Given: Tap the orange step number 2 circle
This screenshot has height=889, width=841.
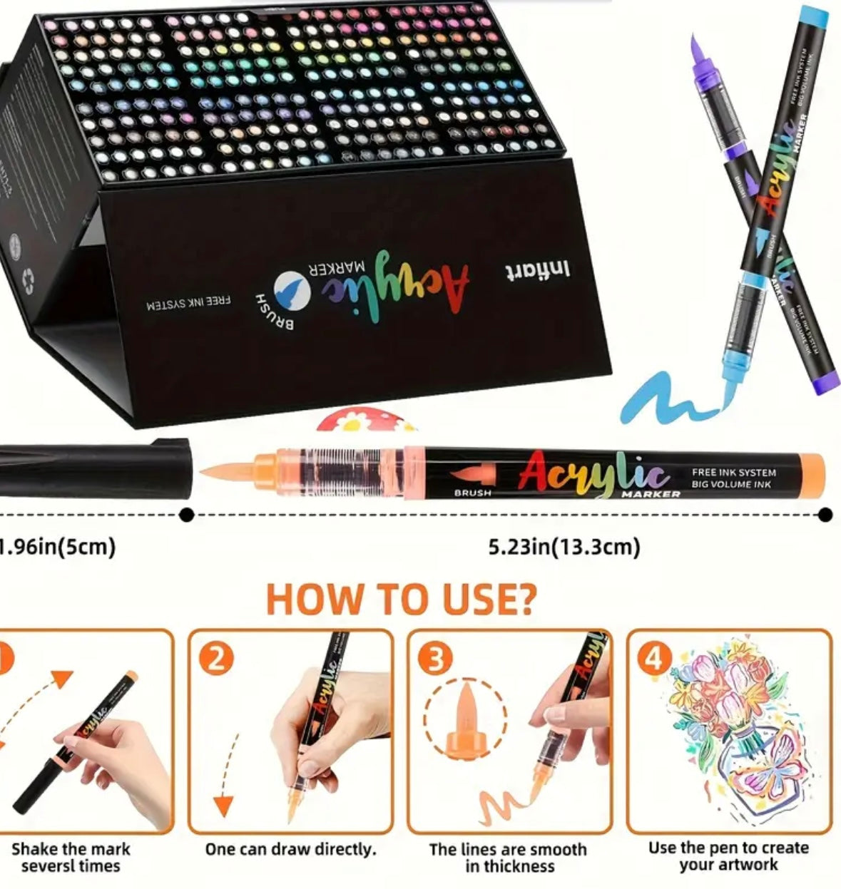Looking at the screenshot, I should point(216,659).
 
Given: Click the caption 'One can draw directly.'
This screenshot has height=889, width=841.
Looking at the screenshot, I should point(290,849).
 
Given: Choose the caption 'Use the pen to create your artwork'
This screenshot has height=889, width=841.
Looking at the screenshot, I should point(728,856).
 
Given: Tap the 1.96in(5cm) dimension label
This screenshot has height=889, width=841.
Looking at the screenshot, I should point(57,547).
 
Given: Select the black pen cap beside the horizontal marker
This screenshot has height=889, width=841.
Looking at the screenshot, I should point(93,468).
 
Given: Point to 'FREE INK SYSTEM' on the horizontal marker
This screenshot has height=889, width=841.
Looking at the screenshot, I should point(733,472).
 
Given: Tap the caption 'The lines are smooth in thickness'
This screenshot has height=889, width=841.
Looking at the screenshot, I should point(507,858).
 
